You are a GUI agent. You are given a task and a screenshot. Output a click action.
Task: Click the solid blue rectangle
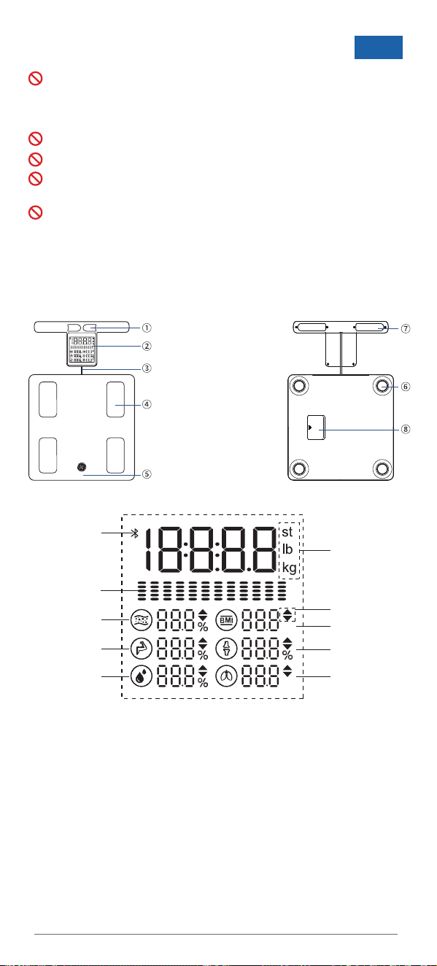tap(379, 47)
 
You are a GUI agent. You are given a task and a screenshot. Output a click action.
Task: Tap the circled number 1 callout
tap(147, 328)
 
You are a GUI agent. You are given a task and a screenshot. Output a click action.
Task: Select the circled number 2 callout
tap(147, 347)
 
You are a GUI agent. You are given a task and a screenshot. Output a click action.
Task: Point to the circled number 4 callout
tap(147, 404)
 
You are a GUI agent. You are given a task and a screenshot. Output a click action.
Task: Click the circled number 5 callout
tap(147, 474)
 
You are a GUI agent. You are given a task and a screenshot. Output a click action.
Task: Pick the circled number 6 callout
tap(406, 387)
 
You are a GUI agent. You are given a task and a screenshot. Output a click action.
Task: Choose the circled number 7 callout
tap(406, 328)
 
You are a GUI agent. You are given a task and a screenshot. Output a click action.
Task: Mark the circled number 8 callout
tap(406, 430)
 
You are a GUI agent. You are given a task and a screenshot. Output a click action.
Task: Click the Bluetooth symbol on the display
tap(135, 533)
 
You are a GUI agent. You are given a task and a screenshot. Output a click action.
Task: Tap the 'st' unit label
tap(287, 532)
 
